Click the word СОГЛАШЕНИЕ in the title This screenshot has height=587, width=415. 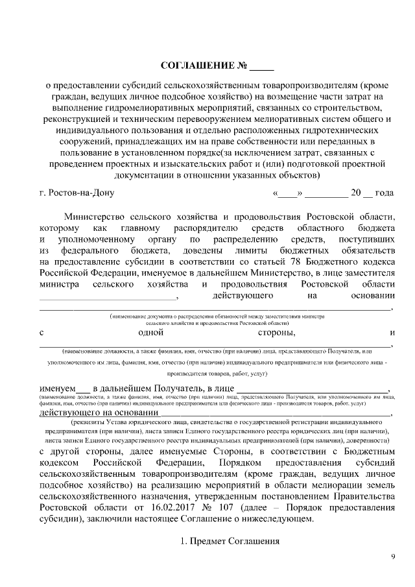pyautogui.click(x=194, y=66)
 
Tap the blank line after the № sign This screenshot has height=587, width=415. pyautogui.click(x=262, y=67)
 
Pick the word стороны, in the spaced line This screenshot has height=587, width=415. pyautogui.click(x=277, y=333)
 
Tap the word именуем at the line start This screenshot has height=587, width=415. pyautogui.click(x=56, y=388)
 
